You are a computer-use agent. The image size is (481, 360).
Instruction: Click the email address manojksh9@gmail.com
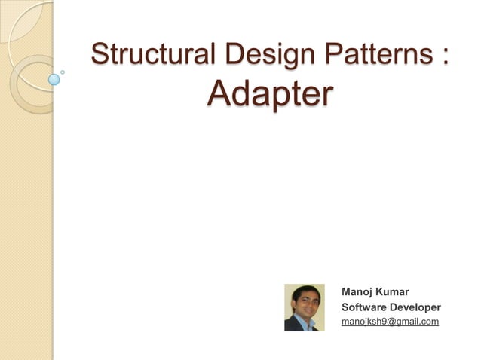pos(390,322)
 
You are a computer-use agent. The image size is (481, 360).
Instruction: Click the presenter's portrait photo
pos(305,307)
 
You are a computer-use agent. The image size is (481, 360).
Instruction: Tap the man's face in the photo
pos(305,303)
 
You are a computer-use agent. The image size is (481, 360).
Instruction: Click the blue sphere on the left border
pos(54,78)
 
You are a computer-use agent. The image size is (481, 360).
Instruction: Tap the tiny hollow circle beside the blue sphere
pos(63,72)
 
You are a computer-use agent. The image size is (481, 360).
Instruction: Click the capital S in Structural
pos(100,56)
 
